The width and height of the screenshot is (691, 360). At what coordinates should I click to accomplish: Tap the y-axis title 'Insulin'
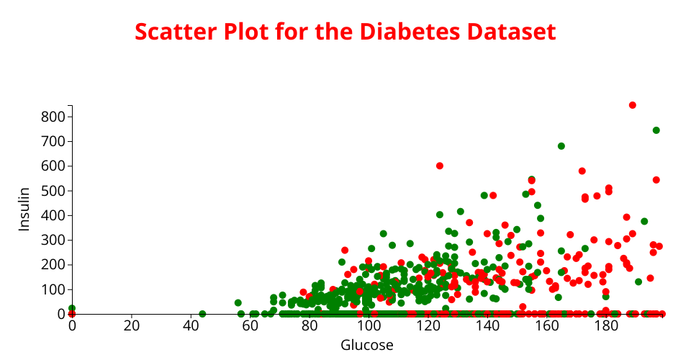pos(24,209)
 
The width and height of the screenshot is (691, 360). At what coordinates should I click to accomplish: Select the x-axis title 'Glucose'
pos(367,346)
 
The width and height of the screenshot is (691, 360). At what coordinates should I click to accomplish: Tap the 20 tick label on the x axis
pos(131,325)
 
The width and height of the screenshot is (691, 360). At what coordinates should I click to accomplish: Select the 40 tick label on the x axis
pos(191,325)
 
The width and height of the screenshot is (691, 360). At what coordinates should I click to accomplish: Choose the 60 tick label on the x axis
pos(250,325)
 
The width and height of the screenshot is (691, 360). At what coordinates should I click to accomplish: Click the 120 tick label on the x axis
pos(428,325)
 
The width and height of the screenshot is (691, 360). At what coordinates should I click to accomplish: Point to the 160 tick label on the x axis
pos(546,325)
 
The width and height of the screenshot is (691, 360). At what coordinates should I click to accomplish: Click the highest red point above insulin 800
pos(633,105)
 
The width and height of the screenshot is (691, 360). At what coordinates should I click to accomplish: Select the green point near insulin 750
pos(656,130)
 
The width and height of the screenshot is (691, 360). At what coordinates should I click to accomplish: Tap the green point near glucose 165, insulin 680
pos(561,146)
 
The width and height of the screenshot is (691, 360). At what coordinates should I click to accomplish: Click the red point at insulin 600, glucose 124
pos(440,166)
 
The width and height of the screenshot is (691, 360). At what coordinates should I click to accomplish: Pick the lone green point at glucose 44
pos(202,314)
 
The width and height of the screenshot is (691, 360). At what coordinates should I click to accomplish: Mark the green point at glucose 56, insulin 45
pos(238,303)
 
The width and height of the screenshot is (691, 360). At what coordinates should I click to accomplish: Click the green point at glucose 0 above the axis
pos(72,308)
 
